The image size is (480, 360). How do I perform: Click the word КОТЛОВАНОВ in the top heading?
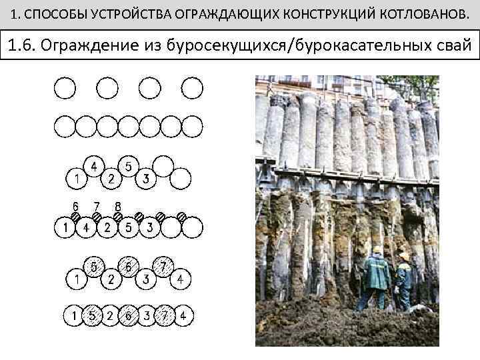421,13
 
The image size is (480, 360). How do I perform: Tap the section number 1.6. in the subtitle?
29,46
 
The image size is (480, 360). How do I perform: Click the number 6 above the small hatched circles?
75,205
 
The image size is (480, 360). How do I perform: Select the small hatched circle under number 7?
97,217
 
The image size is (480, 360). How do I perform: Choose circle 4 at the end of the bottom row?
182,315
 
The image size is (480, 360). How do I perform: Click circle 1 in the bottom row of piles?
74,315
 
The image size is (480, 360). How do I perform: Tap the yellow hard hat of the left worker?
377,249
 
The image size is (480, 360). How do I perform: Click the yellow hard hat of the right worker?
404,256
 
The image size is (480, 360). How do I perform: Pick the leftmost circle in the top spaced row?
65,87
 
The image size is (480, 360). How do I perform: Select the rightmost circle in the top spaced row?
192,87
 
